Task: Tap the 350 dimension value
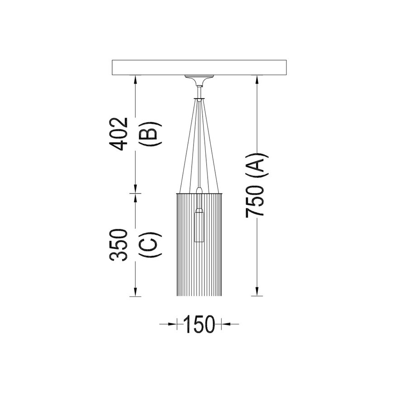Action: [x=119, y=245]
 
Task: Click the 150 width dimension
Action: [x=199, y=324]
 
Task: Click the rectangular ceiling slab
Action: [x=199, y=68]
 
